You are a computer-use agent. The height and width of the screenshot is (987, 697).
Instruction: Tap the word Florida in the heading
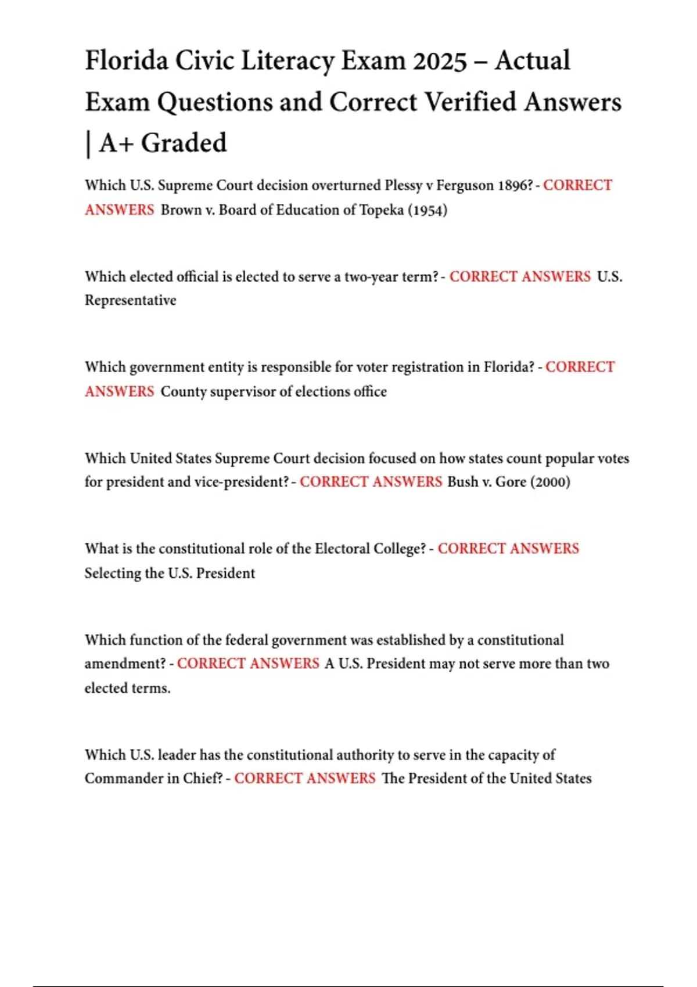(x=127, y=61)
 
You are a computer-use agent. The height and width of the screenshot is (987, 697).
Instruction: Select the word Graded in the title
(x=184, y=143)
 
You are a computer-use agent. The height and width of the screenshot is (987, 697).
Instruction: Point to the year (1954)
(x=427, y=210)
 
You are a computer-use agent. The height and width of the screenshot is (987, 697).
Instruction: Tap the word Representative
(x=130, y=300)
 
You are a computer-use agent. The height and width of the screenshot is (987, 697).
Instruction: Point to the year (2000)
(x=550, y=482)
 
